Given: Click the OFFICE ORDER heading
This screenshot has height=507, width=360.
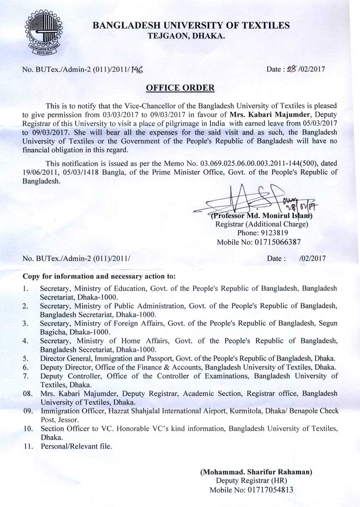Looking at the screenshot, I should click(x=180, y=88).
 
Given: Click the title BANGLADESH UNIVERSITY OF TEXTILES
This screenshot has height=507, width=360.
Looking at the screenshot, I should click(x=191, y=26).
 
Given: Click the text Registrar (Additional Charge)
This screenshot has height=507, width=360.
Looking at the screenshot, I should click(x=262, y=224).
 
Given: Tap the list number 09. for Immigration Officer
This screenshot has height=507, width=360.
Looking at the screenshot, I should click(x=28, y=411).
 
